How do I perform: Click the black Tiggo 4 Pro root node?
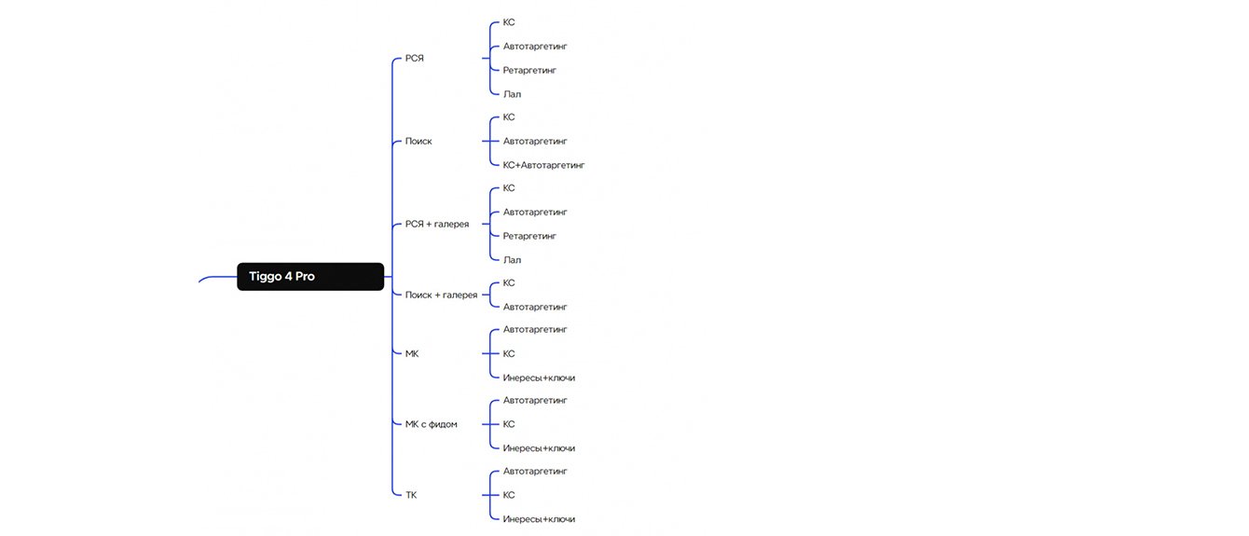tap(310, 277)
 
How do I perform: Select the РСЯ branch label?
tap(414, 59)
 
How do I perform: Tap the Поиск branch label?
tap(419, 142)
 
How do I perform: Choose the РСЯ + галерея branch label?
tap(437, 225)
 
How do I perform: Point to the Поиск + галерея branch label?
tap(441, 295)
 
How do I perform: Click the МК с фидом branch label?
tap(431, 424)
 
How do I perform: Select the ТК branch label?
tap(411, 495)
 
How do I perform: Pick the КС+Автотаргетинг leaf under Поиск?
tap(543, 165)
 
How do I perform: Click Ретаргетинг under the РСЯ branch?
tap(529, 70)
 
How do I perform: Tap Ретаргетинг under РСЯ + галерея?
tap(529, 236)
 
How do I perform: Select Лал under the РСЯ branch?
tap(512, 94)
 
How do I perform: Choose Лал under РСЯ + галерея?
tap(512, 260)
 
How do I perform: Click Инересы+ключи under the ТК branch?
tap(539, 519)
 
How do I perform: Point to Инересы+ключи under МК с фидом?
tap(539, 448)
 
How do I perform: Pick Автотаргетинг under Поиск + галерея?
tap(535, 307)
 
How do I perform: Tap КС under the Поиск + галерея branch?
tap(509, 282)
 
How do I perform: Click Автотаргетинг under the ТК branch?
tap(535, 471)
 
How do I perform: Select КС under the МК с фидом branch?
tap(509, 424)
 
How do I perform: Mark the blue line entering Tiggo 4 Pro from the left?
tap(217, 278)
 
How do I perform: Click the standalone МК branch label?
tap(412, 354)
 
